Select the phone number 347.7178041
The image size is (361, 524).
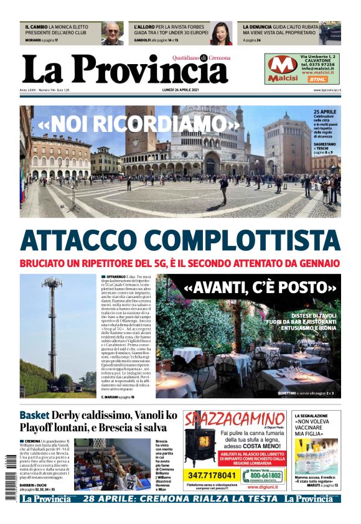click(x=212, y=475)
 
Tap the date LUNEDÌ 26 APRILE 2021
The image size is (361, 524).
click(x=180, y=91)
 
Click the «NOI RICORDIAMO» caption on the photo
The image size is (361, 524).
click(x=138, y=124)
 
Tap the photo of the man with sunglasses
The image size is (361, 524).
click(x=113, y=34)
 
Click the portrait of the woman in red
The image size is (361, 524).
click(x=221, y=34)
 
